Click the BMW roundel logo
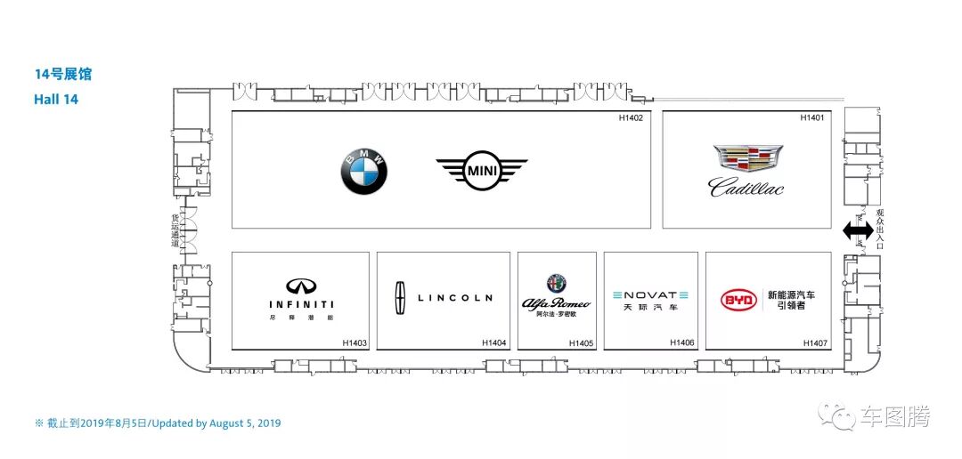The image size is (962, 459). tap(363, 171)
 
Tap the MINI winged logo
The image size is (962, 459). tap(482, 170)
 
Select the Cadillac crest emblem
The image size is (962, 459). tap(748, 158)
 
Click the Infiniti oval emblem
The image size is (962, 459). tap(301, 286)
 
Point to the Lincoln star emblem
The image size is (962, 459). tap(400, 298)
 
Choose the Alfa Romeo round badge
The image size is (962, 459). tap(557, 284)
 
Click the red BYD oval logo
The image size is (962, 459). tap(739, 300)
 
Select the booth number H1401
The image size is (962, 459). tap(811, 117)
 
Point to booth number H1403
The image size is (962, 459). tap(355, 342)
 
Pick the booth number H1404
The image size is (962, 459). tap(493, 342)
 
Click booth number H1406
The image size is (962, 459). tap(681, 342)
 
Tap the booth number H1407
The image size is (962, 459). tap(814, 342)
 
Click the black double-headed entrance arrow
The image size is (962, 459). tap(858, 231)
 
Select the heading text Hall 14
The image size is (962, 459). tap(56, 100)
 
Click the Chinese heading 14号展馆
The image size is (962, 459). tap(62, 75)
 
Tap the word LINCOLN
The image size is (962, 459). tap(454, 298)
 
